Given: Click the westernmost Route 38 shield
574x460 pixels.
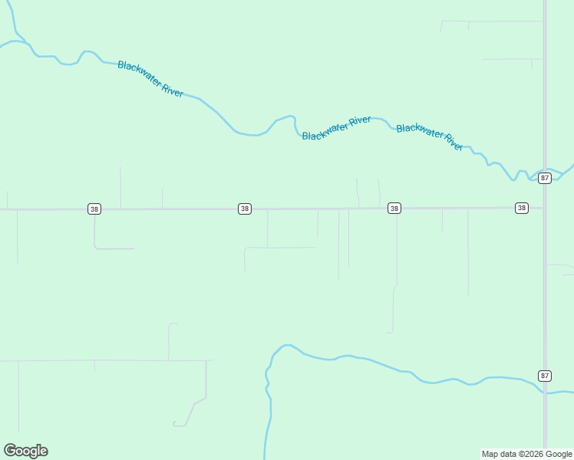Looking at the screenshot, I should [x=94, y=209].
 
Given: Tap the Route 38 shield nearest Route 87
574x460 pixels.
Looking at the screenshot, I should [x=522, y=208].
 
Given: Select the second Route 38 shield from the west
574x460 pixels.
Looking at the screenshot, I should [x=244, y=209].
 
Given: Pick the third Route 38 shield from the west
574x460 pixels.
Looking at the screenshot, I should [x=394, y=209].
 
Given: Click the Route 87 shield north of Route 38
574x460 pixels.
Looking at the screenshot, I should [x=545, y=178].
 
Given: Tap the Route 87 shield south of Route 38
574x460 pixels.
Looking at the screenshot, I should [x=545, y=376].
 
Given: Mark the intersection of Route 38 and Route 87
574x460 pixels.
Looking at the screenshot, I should [x=545, y=208].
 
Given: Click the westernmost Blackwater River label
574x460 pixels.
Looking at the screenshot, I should [x=150, y=79].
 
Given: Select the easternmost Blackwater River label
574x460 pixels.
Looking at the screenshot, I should [x=430, y=136].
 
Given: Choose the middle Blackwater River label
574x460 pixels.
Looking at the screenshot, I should [x=337, y=128].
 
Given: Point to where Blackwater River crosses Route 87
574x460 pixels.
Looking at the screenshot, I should [x=545, y=169].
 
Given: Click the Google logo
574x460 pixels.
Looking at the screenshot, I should [x=26, y=451].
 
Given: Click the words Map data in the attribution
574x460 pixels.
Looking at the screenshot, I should [x=499, y=454].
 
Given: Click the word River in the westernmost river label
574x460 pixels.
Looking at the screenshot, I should [x=173, y=90].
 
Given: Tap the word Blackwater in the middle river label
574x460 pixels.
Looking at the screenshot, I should [x=325, y=132].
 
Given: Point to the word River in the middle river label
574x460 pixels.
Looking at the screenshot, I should [x=360, y=121].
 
